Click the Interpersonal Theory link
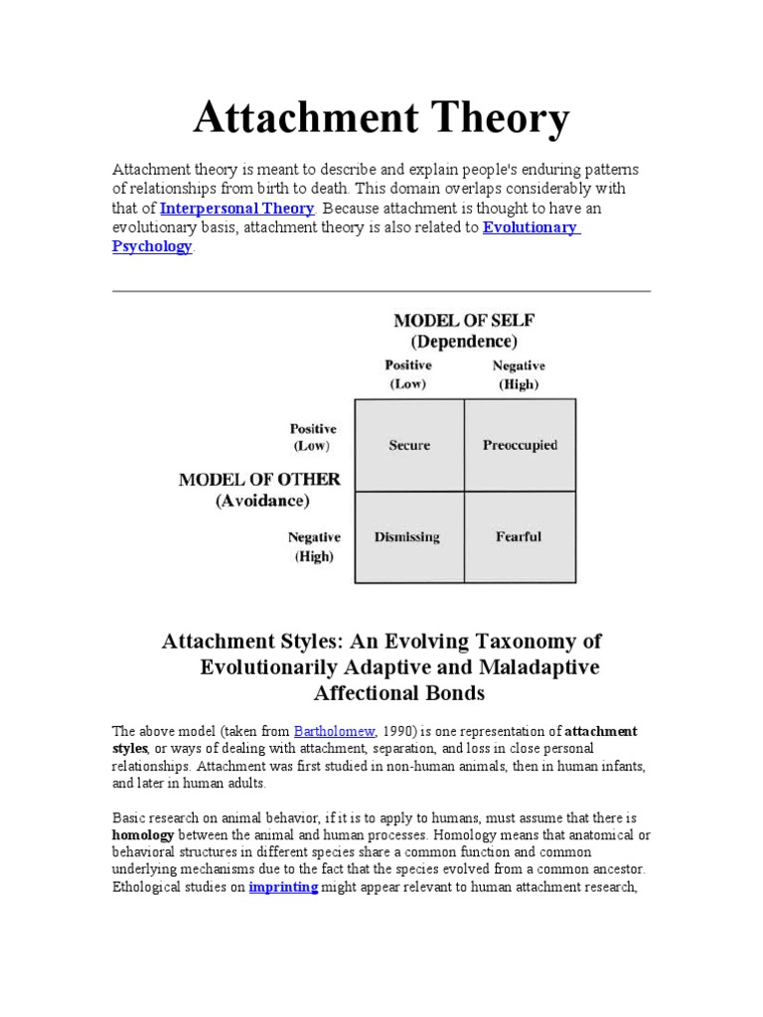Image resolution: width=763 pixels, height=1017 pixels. point(237,209)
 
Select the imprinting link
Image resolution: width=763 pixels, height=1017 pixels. point(283,887)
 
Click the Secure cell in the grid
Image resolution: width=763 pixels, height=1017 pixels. point(409,445)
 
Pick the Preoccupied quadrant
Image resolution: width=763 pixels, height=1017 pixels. point(520,445)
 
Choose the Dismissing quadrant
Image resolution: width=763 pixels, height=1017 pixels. point(407,537)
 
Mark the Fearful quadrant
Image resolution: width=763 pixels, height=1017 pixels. point(519,537)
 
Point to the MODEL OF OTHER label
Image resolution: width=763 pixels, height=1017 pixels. point(259,480)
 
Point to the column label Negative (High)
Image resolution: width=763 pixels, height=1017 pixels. point(519,374)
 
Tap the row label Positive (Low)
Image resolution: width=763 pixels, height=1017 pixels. point(313,437)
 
